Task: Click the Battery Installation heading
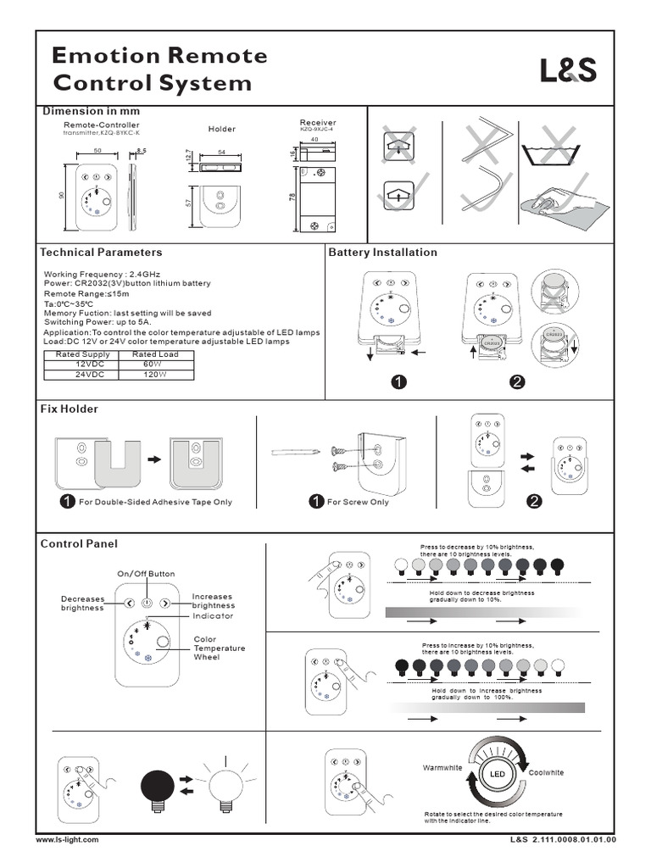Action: pos(382,253)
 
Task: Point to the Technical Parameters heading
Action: pos(101,253)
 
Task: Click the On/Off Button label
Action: pos(146,574)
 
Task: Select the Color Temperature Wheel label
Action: pos(219,648)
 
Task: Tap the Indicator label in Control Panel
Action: pos(213,616)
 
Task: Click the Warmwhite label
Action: pos(442,767)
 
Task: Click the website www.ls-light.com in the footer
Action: pos(68,839)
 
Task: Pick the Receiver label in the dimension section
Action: pos(318,123)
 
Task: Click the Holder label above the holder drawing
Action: pos(221,129)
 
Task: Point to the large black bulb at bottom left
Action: pos(158,782)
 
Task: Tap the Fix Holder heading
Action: pos(70,409)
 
